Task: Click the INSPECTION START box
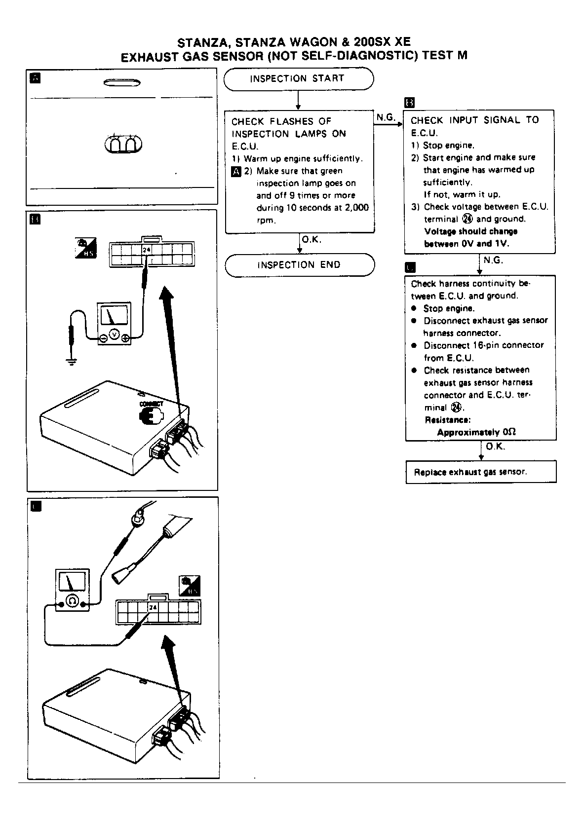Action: pyautogui.click(x=298, y=79)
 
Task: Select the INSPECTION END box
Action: pyautogui.click(x=299, y=265)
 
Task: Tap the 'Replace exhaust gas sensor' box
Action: pyautogui.click(x=480, y=472)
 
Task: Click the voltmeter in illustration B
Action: pyautogui.click(x=114, y=324)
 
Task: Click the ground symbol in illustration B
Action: pyautogui.click(x=72, y=363)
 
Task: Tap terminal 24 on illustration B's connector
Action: pyautogui.click(x=147, y=250)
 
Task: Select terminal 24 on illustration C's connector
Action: pyautogui.click(x=153, y=607)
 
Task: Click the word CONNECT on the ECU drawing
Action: pyautogui.click(x=152, y=404)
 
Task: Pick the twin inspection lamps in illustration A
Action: pyautogui.click(x=123, y=144)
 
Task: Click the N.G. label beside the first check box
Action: pyautogui.click(x=386, y=117)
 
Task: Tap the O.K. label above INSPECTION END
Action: pyautogui.click(x=311, y=240)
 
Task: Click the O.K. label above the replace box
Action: pyautogui.click(x=495, y=447)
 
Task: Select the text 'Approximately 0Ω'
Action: pyautogui.click(x=476, y=432)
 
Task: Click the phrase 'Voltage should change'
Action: pyautogui.click(x=470, y=231)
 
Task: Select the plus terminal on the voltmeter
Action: pyautogui.click(x=125, y=337)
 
